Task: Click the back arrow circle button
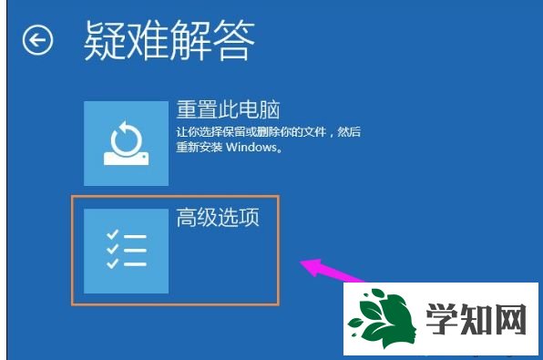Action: point(37,40)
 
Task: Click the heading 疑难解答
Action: point(169,39)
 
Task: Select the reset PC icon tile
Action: point(126,143)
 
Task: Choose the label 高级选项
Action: point(218,219)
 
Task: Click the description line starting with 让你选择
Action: point(269,132)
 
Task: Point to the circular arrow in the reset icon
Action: point(124,137)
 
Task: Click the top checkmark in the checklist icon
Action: point(112,235)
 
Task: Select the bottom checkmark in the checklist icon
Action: point(112,264)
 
